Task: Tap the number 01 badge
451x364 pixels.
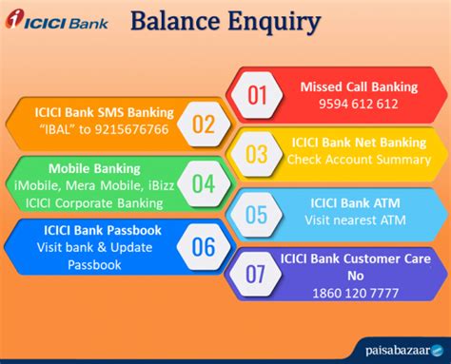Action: (x=258, y=94)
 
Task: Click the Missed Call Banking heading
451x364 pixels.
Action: (x=359, y=87)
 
